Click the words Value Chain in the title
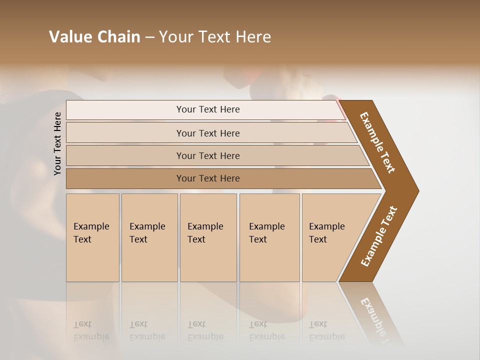click(x=94, y=36)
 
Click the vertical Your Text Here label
click(x=57, y=143)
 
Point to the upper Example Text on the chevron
click(x=377, y=142)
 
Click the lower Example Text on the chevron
click(x=379, y=236)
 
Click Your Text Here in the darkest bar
click(x=208, y=178)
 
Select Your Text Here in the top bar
click(x=208, y=109)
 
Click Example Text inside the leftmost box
click(x=91, y=232)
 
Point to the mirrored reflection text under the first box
click(x=91, y=330)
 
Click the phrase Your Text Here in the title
click(x=215, y=36)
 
